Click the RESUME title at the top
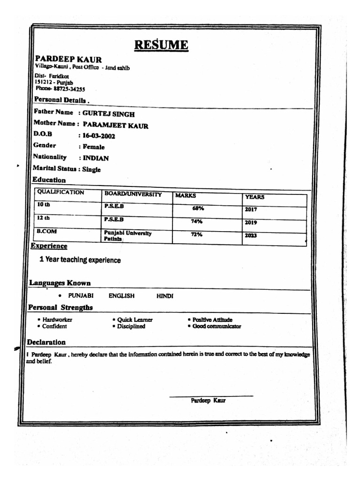click(x=161, y=45)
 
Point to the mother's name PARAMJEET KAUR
click(x=115, y=125)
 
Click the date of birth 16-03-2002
click(x=99, y=136)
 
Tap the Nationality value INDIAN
click(x=95, y=158)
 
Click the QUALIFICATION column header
click(x=61, y=193)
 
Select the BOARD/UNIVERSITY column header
click(x=133, y=194)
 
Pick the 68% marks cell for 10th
click(x=198, y=208)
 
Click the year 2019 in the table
click(x=251, y=223)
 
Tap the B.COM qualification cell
click(x=47, y=232)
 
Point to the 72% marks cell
click(x=196, y=234)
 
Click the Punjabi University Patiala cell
click(x=127, y=236)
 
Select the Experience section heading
click(x=49, y=246)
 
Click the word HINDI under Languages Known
click(x=165, y=296)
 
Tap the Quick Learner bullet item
click(x=135, y=320)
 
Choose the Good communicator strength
click(x=217, y=326)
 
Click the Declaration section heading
click(x=46, y=342)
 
